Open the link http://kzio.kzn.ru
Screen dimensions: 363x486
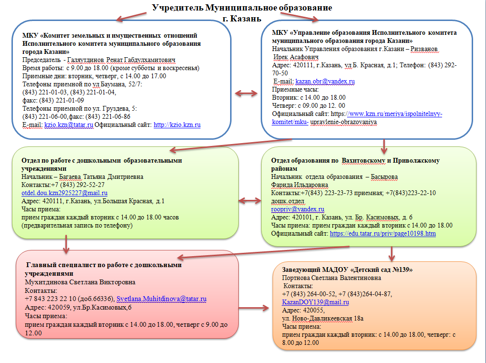coord(177,125)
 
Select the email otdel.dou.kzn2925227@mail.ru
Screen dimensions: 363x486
coord(64,193)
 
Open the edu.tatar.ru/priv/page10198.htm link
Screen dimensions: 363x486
coord(382,233)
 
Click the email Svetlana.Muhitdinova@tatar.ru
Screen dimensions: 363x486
coord(162,299)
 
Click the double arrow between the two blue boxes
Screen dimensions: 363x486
coord(246,93)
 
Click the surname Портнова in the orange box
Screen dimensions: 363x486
coord(296,278)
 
